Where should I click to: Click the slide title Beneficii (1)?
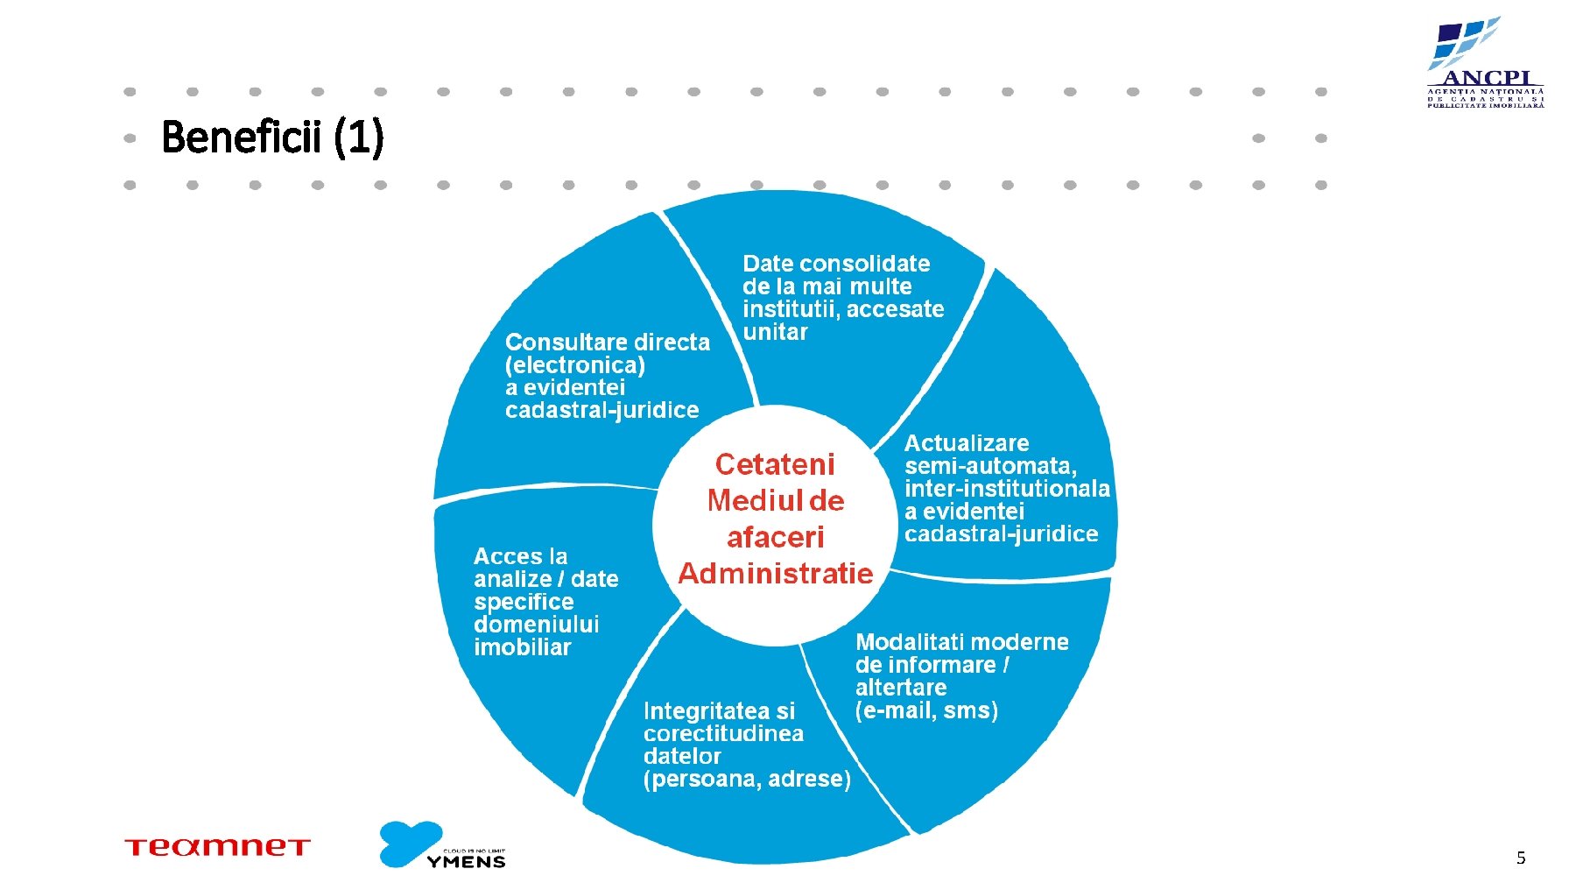click(272, 138)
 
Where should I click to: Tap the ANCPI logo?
click(1485, 63)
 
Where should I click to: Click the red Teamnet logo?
click(217, 847)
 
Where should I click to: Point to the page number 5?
click(1521, 858)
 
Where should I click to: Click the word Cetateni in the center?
click(775, 464)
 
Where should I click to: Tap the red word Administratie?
click(775, 574)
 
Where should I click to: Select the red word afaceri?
click(775, 537)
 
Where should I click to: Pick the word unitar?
click(775, 332)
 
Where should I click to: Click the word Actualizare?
click(967, 443)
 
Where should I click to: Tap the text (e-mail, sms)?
click(926, 710)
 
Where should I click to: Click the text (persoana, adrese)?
click(747, 779)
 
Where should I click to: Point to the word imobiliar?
click(522, 647)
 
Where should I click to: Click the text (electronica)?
click(574, 365)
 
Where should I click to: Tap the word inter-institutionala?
click(1007, 489)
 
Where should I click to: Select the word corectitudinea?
click(723, 734)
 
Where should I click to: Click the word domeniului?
click(536, 625)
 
